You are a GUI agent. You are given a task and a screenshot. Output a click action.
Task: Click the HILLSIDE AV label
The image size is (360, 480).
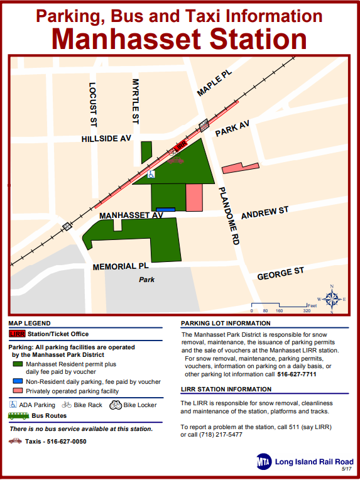[106, 139]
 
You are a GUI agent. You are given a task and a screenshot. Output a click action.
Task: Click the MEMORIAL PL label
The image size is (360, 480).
[121, 266]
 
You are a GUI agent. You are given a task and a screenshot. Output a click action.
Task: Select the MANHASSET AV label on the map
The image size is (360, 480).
[131, 215]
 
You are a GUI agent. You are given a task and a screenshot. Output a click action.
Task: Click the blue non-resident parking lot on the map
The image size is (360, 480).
[165, 209]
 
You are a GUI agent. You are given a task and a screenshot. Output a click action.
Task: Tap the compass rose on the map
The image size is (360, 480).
[332, 298]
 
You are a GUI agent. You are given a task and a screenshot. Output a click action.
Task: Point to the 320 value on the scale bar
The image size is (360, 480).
[307, 311]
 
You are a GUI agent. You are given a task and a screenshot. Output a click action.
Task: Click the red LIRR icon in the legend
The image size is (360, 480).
[17, 334]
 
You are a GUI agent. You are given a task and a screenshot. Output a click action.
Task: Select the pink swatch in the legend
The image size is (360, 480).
[17, 391]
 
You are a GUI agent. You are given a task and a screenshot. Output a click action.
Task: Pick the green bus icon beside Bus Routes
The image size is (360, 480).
[18, 416]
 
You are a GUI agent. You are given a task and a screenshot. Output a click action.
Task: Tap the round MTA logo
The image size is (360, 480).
[263, 462]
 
